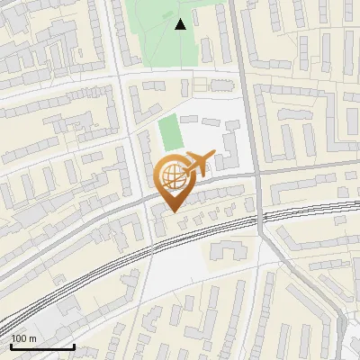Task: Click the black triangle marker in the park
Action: (x=181, y=24)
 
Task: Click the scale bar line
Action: (x=42, y=347)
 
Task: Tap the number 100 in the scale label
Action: (x=19, y=339)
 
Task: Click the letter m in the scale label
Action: (x=32, y=339)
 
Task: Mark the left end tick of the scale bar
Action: (x=11, y=346)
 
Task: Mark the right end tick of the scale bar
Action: (x=74, y=346)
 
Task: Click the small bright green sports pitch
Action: (x=169, y=134)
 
